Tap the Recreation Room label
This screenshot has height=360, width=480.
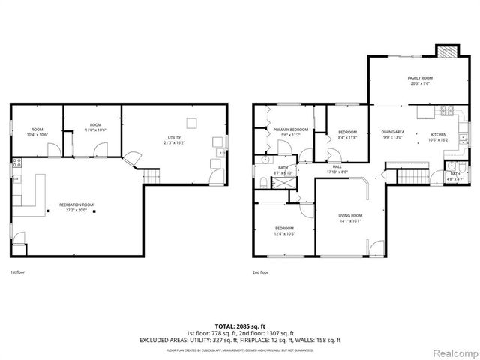(x=77, y=206)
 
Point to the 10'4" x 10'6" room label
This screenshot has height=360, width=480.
(x=36, y=132)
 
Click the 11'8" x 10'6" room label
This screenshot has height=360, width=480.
(x=96, y=127)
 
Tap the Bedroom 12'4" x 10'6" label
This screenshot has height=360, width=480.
(x=283, y=230)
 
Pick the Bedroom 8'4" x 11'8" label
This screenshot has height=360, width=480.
(x=347, y=134)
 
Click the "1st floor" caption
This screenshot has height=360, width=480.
(x=18, y=272)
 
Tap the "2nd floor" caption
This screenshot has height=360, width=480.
(x=260, y=272)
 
